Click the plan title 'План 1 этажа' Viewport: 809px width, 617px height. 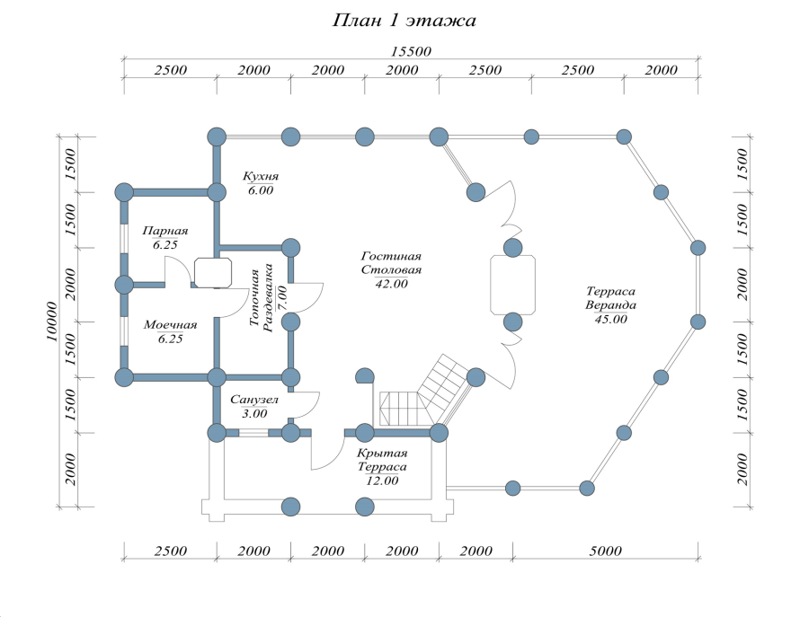click(404, 21)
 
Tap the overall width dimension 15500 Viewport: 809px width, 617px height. click(411, 51)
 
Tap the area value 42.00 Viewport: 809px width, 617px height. click(391, 284)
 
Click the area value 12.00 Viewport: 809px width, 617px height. click(381, 481)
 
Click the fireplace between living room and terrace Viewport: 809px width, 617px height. click(513, 284)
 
